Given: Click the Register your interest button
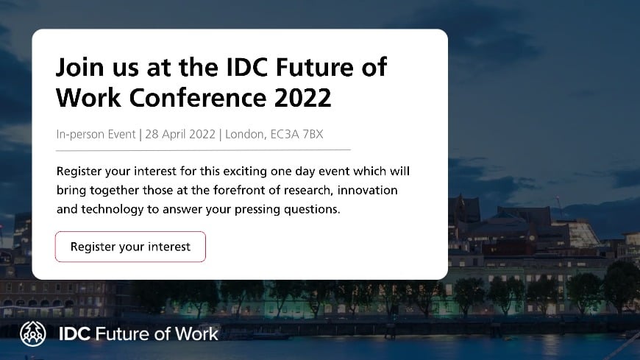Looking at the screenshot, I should pos(130,247).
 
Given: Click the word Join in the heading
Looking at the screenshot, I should pos(79,68).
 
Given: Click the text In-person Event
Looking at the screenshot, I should pos(96,135).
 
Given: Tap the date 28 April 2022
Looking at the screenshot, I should pos(180,135).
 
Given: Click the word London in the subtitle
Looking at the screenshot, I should pos(244,135).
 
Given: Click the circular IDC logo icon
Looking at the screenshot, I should pos(32,333).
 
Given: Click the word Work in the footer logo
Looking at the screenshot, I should pos(196,333).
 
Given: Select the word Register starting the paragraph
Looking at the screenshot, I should pos(80,172).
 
